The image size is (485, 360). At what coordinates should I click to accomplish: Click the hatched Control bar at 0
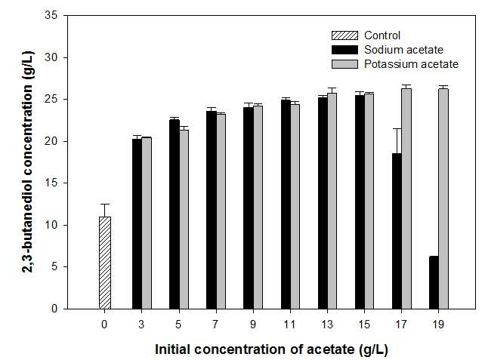tap(105, 263)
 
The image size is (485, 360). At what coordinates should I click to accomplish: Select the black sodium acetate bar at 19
tap(434, 282)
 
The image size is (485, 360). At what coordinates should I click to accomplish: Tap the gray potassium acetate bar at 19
tap(443, 198)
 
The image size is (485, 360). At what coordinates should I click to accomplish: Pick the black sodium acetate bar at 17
tap(397, 231)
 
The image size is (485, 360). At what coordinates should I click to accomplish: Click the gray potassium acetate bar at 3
tap(147, 223)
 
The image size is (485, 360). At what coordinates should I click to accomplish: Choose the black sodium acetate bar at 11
tap(286, 205)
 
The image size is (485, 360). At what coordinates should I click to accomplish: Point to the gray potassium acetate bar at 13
tap(332, 201)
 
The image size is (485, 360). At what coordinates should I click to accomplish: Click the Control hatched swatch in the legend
tap(344, 35)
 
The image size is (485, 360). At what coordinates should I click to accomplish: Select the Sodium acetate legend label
tap(403, 50)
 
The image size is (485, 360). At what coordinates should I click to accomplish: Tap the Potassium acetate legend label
tap(411, 64)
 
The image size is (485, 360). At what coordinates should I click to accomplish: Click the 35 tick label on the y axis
tap(51, 15)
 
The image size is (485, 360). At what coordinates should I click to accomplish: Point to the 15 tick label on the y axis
tap(51, 183)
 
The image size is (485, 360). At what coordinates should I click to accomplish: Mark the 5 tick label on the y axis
tap(54, 266)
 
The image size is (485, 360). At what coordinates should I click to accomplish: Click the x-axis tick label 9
tap(253, 325)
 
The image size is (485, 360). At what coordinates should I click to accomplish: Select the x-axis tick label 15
tap(364, 325)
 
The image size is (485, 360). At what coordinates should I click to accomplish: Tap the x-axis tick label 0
tap(104, 325)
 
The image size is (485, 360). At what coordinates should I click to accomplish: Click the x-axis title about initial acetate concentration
tap(271, 349)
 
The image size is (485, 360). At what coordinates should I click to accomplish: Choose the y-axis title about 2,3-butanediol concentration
tap(29, 162)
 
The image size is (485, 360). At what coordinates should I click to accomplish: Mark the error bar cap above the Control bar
tap(105, 204)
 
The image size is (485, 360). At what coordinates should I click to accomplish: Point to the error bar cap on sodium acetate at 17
tap(397, 128)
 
